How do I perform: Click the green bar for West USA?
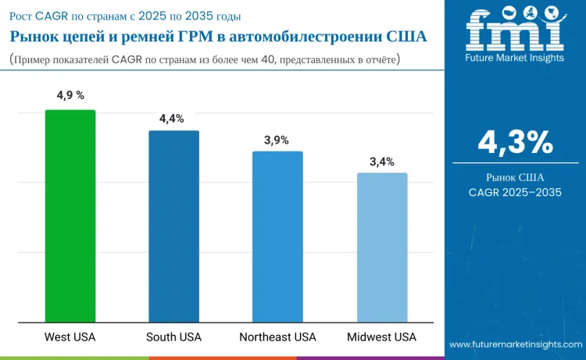(x=70, y=216)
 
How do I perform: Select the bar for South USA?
(x=174, y=226)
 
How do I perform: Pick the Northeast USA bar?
(x=277, y=237)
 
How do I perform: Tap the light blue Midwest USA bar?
(x=382, y=248)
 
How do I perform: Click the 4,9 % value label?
(x=70, y=96)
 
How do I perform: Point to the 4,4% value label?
(x=172, y=119)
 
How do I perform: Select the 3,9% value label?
(x=277, y=140)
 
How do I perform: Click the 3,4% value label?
(x=382, y=162)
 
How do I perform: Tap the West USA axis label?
(x=70, y=337)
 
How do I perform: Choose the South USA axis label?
(x=173, y=337)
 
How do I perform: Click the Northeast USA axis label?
(x=277, y=337)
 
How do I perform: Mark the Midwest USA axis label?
(x=382, y=337)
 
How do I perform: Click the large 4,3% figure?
(x=516, y=142)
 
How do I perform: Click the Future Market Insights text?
(x=515, y=59)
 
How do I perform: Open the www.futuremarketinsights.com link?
(x=515, y=344)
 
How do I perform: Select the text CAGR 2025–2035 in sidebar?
(x=516, y=192)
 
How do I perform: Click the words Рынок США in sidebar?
(x=516, y=176)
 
